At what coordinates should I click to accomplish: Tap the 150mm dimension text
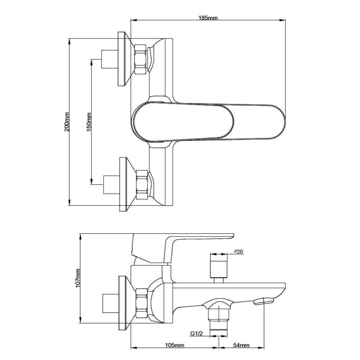[89, 121]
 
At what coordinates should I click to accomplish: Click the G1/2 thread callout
[196, 334]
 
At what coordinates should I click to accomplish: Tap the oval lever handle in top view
[209, 121]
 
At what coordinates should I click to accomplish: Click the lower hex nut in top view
[142, 184]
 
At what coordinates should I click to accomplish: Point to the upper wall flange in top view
[123, 59]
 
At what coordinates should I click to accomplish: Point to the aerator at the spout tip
[264, 301]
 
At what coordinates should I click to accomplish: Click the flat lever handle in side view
[202, 238]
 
